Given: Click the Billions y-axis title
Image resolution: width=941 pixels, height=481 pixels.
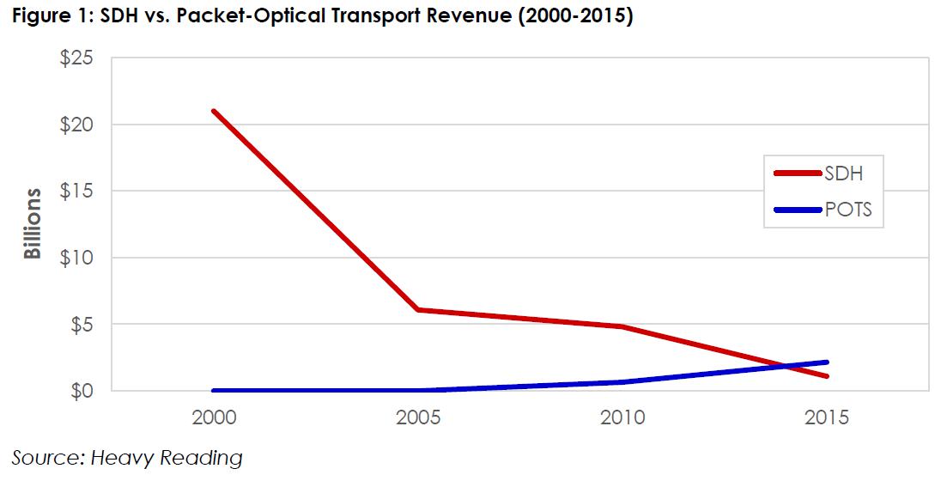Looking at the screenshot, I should point(33,224).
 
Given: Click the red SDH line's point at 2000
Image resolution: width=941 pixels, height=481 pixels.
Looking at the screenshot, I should point(212,111).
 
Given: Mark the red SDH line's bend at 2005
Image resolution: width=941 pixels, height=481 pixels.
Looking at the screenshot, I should point(416,310).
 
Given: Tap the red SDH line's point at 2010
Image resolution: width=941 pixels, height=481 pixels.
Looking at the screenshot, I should point(621,326).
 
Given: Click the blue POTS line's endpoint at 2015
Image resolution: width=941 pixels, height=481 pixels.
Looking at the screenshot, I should point(826,362).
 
